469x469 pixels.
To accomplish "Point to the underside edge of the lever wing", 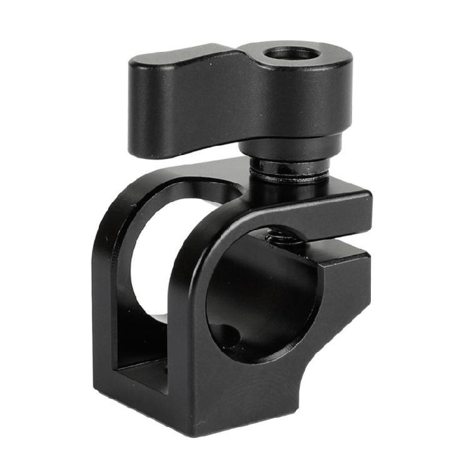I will [x=188, y=147].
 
